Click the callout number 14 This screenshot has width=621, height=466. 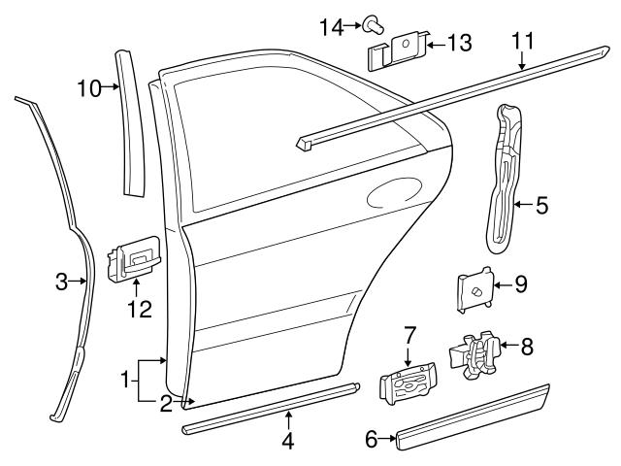331,26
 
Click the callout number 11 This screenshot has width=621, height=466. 523,40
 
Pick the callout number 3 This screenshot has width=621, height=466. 60,283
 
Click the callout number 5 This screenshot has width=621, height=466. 541,204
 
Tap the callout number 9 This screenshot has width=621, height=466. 520,283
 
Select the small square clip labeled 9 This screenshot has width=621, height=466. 474,289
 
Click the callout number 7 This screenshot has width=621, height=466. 409,335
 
